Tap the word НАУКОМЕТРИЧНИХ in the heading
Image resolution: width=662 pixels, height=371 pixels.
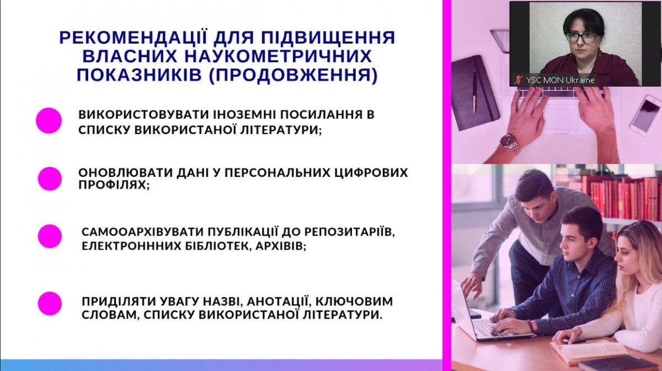(x=277, y=56)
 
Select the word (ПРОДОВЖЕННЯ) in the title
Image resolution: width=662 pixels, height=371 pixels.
(x=293, y=75)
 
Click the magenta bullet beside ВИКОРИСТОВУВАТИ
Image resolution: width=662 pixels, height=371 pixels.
(x=49, y=121)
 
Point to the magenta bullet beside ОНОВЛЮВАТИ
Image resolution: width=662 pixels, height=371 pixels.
(x=50, y=179)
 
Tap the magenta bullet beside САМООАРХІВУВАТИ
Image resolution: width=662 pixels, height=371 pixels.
(x=50, y=236)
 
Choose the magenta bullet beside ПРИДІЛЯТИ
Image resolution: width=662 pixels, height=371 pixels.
(x=50, y=303)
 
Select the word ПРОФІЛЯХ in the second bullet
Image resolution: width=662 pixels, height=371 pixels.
(x=113, y=185)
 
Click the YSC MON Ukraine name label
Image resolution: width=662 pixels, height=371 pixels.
(x=560, y=80)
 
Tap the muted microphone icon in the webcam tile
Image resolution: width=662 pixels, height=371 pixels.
(x=518, y=80)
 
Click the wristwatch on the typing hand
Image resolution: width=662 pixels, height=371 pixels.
(x=511, y=144)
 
